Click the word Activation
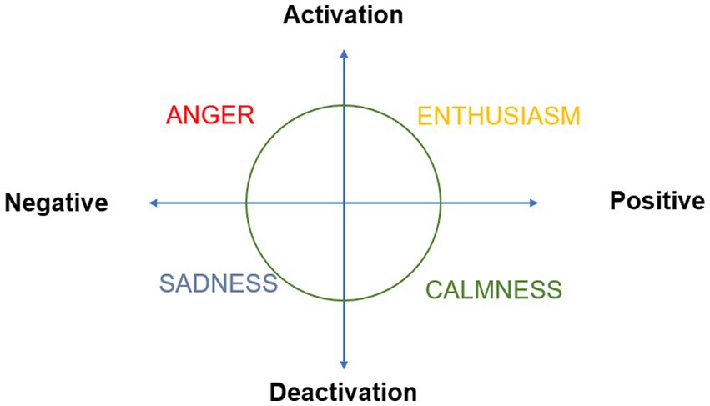tap(343, 15)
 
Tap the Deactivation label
tap(343, 391)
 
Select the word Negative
tap(57, 203)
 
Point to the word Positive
tap(657, 201)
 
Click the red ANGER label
tap(209, 115)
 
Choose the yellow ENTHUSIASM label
tap(498, 116)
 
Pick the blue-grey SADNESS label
tap(218, 283)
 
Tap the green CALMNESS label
tap(494, 290)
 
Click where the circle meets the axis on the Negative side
tap(246, 203)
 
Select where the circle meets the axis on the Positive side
tap(441, 203)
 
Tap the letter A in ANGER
tap(174, 115)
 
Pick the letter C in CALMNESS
tap(434, 290)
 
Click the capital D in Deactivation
tap(278, 391)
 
